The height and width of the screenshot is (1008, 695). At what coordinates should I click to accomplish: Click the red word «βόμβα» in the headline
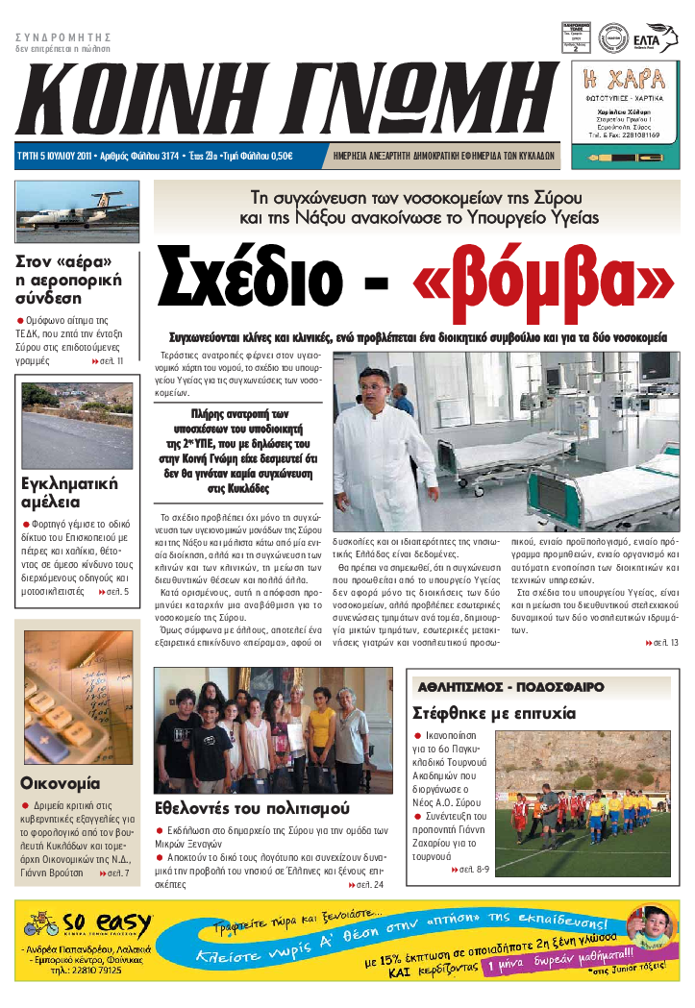click(543, 279)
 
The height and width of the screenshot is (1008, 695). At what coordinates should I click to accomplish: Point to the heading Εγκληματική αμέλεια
click(69, 492)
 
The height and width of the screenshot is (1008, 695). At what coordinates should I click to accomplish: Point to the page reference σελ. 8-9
click(472, 870)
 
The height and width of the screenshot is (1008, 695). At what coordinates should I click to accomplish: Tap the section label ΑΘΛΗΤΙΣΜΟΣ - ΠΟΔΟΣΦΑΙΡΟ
click(510, 687)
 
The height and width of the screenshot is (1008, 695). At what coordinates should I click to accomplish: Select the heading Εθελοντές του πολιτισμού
click(252, 808)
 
